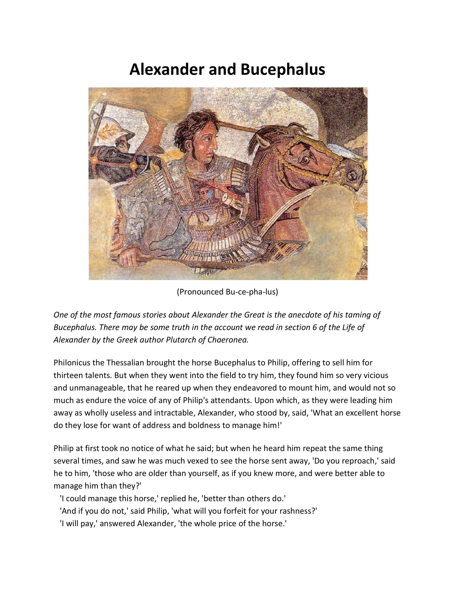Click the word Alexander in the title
coord(167,69)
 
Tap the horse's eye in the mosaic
coord(304,160)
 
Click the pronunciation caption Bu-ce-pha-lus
coord(227,292)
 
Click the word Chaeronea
coord(228,340)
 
